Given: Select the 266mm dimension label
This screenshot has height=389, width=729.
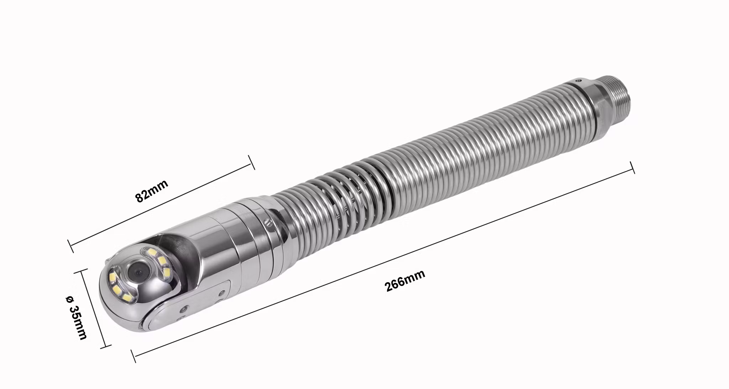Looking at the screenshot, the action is (405, 281).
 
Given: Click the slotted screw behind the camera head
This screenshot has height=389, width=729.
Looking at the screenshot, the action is (268, 223).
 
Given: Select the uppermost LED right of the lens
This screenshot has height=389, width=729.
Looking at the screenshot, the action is (152, 252).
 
